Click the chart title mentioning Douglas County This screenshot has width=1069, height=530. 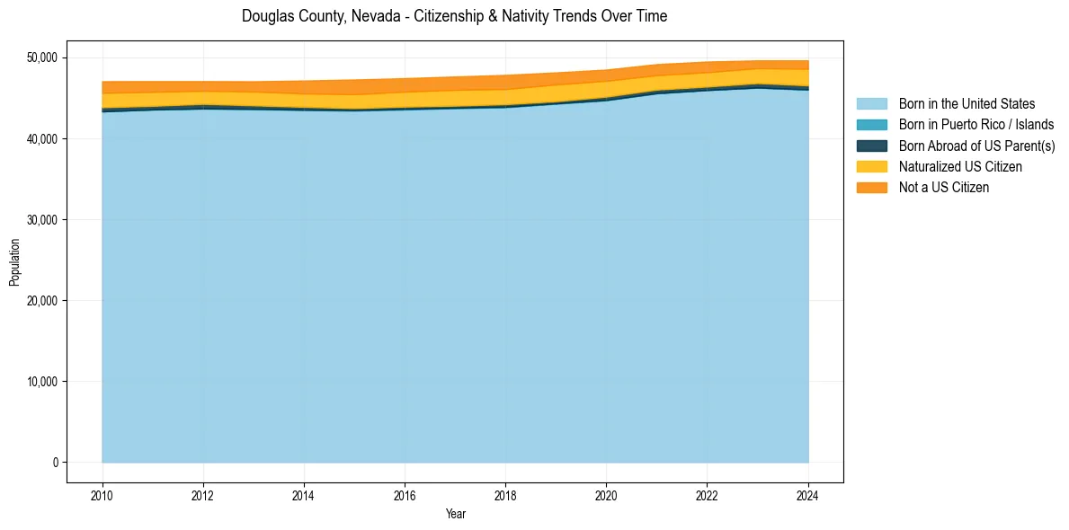(454, 16)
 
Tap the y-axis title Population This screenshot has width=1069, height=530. (14, 262)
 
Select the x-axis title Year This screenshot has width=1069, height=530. (455, 514)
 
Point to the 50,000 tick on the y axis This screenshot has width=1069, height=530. (42, 57)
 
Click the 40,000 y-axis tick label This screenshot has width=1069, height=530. (42, 139)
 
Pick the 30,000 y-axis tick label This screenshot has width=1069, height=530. (42, 220)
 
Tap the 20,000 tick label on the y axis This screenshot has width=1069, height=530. (42, 301)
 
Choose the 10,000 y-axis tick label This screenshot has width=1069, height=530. (42, 382)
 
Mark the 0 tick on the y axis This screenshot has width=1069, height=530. (54, 463)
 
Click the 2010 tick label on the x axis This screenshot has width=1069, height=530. (102, 494)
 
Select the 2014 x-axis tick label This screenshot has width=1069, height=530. (304, 494)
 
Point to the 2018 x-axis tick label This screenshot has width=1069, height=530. (506, 494)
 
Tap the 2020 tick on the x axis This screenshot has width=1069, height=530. (607, 494)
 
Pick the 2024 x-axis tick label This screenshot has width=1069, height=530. (808, 494)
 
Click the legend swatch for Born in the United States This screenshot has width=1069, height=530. (871, 104)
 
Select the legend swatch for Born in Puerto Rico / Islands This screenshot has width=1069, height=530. (871, 125)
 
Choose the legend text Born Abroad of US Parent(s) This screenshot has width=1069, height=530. (976, 146)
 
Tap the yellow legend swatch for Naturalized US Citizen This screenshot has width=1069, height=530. (871, 166)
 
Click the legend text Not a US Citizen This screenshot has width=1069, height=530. (943, 187)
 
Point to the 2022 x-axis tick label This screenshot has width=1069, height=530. (708, 494)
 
